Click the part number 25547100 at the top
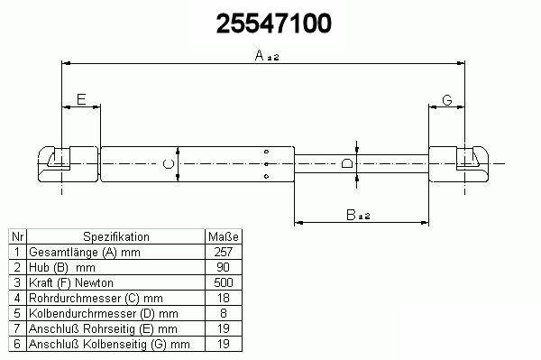click(273, 23)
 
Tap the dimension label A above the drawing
click(259, 55)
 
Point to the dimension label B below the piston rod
click(351, 215)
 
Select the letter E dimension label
click(81, 99)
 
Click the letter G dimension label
click(447, 100)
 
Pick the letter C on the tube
click(169, 164)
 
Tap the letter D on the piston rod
click(346, 163)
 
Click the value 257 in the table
click(224, 252)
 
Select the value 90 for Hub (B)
click(224, 267)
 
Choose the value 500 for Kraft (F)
click(224, 282)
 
